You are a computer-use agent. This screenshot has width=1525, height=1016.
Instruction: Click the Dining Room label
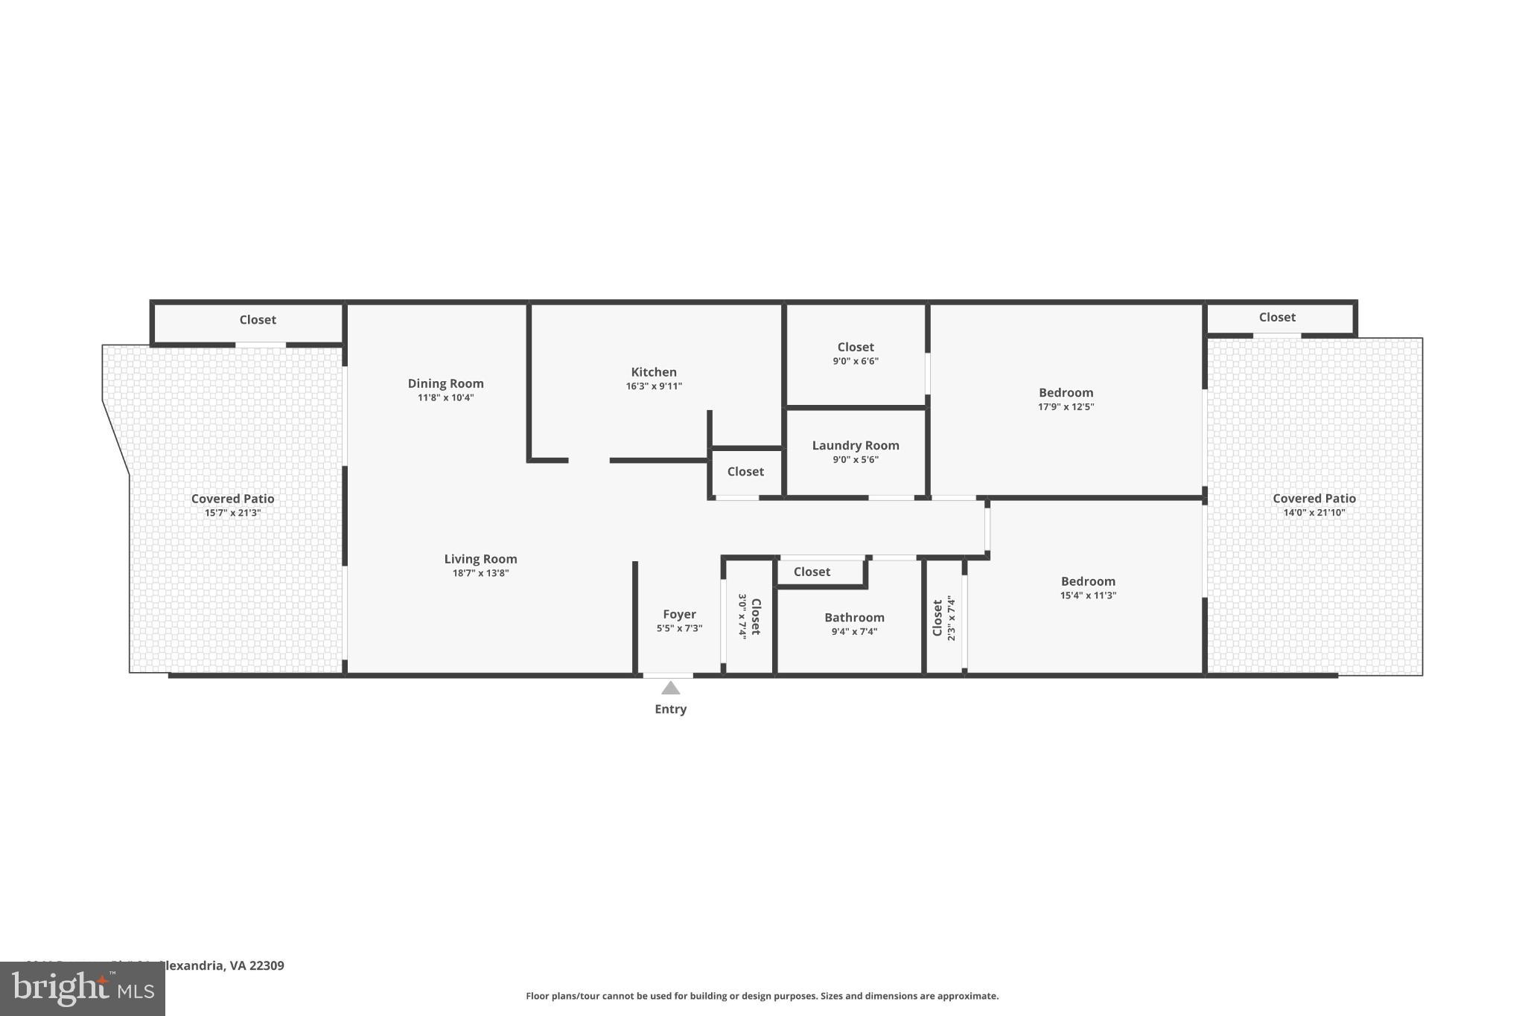tap(445, 383)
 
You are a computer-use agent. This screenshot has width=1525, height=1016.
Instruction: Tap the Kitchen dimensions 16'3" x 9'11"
tap(653, 386)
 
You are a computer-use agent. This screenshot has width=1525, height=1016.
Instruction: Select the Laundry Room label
tap(855, 445)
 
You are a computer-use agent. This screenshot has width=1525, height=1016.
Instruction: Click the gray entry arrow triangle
tap(670, 688)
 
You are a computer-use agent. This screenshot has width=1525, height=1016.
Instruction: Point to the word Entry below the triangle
tap(670, 709)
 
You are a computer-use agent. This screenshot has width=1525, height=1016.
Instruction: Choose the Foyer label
tap(679, 614)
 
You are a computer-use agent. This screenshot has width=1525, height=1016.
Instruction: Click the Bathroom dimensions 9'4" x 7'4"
tap(854, 632)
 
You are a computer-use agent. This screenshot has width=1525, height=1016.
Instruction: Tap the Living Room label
tap(480, 559)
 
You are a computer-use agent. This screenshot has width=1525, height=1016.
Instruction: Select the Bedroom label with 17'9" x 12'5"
tap(1066, 392)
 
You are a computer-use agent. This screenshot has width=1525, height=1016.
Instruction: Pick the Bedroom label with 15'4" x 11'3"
tap(1088, 581)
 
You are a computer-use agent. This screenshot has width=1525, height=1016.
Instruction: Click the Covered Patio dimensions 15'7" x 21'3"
tap(232, 513)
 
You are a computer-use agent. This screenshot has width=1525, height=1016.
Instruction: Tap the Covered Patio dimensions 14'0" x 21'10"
tap(1314, 513)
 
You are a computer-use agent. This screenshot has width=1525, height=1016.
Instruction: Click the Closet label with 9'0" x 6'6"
tap(855, 347)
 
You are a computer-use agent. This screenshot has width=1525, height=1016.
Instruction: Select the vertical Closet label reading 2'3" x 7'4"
tap(938, 618)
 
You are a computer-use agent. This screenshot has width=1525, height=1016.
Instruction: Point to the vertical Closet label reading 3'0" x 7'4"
tap(755, 616)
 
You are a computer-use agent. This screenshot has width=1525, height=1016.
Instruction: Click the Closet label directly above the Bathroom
tap(811, 572)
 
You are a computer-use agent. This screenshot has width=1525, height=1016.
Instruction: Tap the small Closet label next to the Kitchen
tap(745, 471)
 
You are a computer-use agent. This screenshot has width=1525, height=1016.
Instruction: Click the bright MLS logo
tap(82, 989)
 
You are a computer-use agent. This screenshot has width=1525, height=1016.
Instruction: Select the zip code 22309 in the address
tap(267, 965)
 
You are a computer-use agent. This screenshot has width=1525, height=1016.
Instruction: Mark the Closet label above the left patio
tap(257, 319)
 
